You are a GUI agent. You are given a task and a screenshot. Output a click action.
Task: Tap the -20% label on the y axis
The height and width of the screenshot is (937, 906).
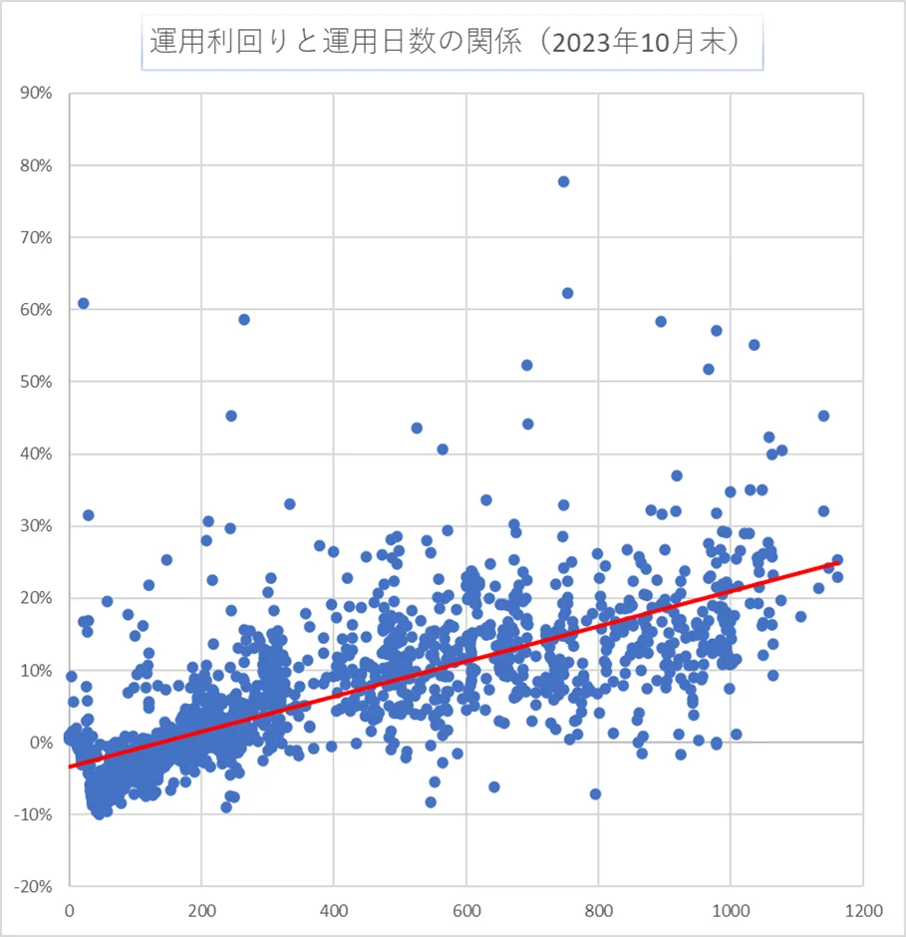[33, 887]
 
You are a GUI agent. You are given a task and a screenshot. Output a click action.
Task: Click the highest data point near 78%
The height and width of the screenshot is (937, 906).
[563, 181]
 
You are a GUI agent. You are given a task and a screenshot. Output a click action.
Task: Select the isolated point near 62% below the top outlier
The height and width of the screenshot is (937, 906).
[567, 293]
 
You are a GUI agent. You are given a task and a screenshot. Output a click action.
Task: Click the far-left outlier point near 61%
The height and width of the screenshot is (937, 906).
[84, 303]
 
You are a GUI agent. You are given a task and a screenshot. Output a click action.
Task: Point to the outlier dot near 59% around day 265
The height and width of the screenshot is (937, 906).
[244, 319]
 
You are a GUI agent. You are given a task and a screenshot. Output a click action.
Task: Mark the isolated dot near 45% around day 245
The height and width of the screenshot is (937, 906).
[231, 416]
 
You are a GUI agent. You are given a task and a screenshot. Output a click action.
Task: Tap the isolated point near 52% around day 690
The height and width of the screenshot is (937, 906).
[526, 365]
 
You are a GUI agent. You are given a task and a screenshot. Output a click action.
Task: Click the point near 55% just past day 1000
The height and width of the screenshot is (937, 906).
[754, 345]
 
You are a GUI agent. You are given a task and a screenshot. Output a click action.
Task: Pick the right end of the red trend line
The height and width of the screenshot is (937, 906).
[837, 563]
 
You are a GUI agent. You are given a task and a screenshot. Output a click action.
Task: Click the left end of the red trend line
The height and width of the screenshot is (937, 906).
[70, 767]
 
